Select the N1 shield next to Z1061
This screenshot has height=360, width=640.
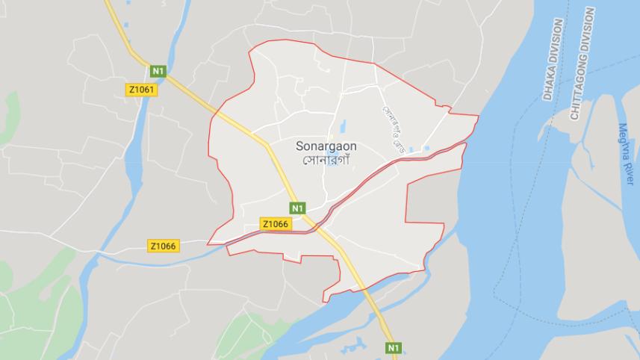[x=158, y=71]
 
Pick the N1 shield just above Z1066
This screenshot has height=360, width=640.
[x=298, y=208]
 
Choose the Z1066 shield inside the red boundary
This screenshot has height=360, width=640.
[x=276, y=223]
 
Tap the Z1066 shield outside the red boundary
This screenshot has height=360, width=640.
[x=163, y=246]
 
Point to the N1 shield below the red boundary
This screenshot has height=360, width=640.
[x=393, y=348]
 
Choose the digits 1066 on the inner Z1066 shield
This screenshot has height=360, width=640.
[x=278, y=223]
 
